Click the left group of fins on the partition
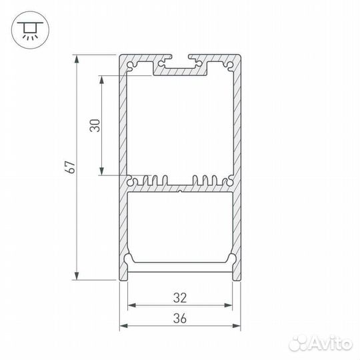tap(148, 180)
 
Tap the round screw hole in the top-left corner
tap(131, 66)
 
